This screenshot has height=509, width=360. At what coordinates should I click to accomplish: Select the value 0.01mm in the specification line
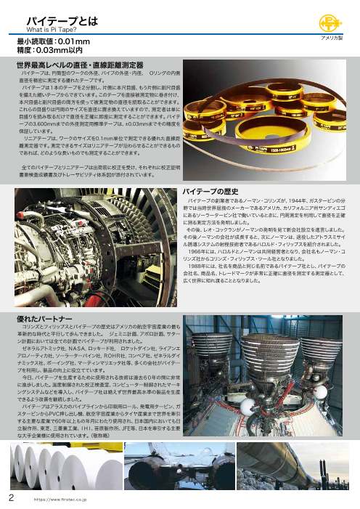(x=73, y=42)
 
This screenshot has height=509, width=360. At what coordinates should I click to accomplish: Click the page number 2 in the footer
(x=11, y=498)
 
